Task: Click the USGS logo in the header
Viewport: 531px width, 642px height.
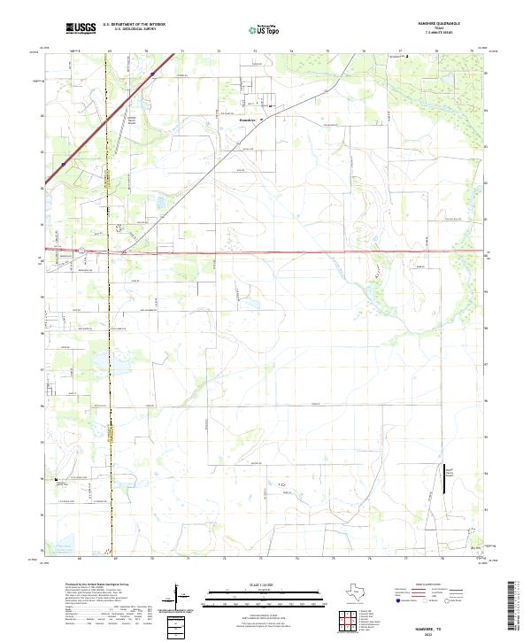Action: pyautogui.click(x=81, y=28)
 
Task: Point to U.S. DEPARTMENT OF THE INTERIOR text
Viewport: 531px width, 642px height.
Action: pyautogui.click(x=134, y=25)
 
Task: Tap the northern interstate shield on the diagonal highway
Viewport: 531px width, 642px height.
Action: pyautogui.click(x=152, y=74)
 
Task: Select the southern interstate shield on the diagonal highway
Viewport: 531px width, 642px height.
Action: pyautogui.click(x=64, y=164)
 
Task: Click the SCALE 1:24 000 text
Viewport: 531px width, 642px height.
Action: pyautogui.click(x=258, y=585)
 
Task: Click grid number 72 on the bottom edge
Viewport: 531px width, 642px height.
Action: pyautogui.click(x=224, y=559)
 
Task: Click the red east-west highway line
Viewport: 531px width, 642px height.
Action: pyautogui.click(x=310, y=252)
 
